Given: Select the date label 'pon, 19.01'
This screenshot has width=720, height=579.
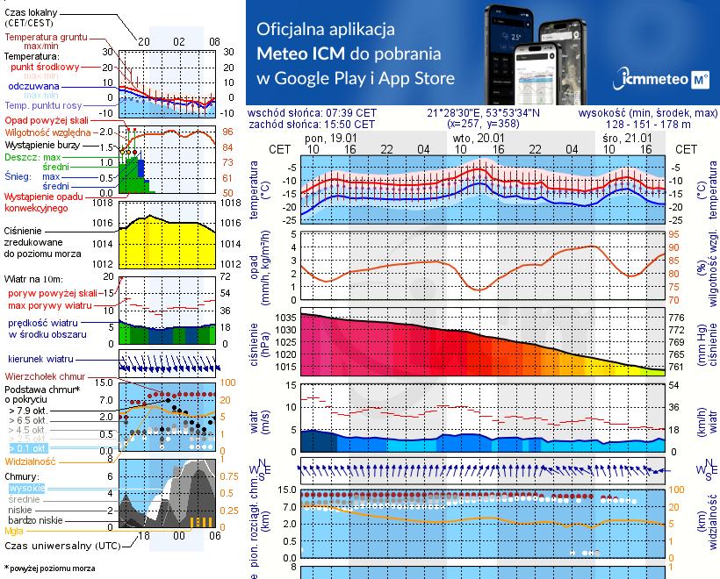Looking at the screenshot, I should pyautogui.click(x=326, y=138).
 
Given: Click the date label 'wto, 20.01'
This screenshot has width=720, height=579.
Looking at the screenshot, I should pyautogui.click(x=478, y=138).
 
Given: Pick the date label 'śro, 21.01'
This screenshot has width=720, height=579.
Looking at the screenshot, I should pyautogui.click(x=629, y=138).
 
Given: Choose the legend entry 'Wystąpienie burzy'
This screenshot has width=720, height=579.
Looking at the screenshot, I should pyautogui.click(x=44, y=143).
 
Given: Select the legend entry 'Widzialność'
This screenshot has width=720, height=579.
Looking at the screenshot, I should pyautogui.click(x=31, y=460).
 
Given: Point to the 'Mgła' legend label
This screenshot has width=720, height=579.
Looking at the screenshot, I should pyautogui.click(x=15, y=530).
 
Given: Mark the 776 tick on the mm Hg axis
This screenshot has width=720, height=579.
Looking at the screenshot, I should pyautogui.click(x=676, y=318).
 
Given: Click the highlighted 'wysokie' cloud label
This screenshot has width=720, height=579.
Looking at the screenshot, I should pyautogui.click(x=26, y=488).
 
